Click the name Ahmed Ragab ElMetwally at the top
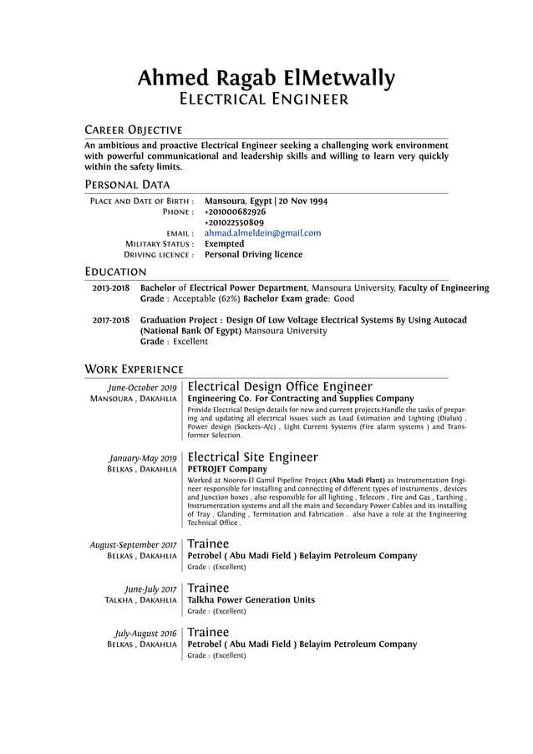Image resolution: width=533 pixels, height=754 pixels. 266,79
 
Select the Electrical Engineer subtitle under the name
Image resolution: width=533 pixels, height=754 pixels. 266,100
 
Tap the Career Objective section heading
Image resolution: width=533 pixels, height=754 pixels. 134,130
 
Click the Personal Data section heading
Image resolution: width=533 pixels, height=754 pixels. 127,185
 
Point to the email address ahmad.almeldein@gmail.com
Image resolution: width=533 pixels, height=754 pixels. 262,233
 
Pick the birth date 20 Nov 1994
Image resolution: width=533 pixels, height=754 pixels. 303,201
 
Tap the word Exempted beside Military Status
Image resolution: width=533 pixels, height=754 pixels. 224,244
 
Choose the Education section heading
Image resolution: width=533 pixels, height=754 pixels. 116,272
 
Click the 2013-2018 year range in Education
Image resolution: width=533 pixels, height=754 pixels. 110,288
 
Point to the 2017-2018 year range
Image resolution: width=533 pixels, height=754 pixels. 110,320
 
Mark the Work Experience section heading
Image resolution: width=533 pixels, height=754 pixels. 134,369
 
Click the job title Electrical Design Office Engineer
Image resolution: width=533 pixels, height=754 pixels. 280,386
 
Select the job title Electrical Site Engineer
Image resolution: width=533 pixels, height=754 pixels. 252,457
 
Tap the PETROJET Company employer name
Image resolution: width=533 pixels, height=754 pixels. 227,470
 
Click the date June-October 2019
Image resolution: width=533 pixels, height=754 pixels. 143,388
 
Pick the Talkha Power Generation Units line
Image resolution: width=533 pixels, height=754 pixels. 251,600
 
